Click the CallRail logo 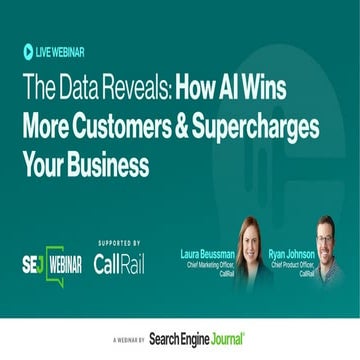[118, 264]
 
